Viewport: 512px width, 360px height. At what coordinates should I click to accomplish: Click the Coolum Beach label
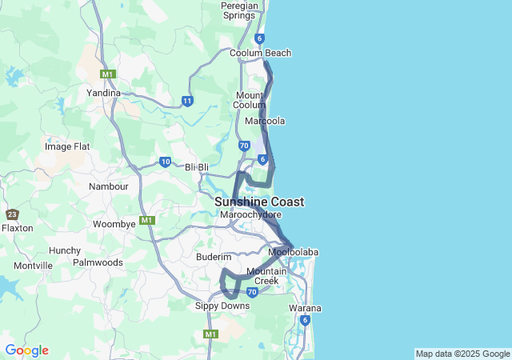(260, 53)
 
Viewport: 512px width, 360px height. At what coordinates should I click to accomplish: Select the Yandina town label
(103, 93)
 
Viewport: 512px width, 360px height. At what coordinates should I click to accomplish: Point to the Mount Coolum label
(250, 100)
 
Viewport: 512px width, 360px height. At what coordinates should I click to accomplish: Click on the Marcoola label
(265, 121)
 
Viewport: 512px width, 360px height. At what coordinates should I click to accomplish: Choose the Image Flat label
(67, 146)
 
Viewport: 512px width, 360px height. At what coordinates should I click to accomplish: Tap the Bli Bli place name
(197, 167)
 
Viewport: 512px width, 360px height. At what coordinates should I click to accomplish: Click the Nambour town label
(109, 186)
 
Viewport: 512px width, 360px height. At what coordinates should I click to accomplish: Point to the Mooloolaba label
(293, 253)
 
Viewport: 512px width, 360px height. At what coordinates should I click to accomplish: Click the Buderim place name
(214, 257)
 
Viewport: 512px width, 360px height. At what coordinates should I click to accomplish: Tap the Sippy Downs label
(217, 306)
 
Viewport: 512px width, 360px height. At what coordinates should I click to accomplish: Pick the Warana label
(304, 308)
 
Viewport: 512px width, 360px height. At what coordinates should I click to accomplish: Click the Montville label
(33, 266)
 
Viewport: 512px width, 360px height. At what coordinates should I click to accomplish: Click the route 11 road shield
(187, 101)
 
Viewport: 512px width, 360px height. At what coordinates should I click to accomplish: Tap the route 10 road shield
(165, 162)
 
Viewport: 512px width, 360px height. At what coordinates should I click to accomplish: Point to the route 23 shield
(12, 214)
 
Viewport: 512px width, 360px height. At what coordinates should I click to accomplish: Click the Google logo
(26, 350)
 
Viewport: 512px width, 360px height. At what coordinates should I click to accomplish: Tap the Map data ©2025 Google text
(462, 354)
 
